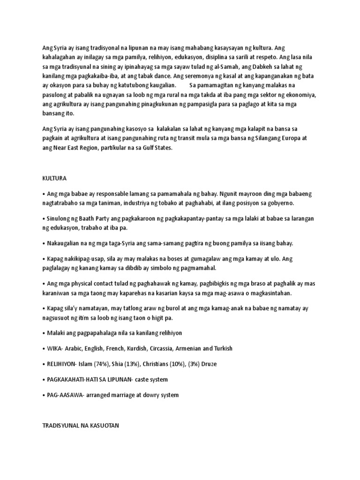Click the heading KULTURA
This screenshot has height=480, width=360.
[x=54, y=179]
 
